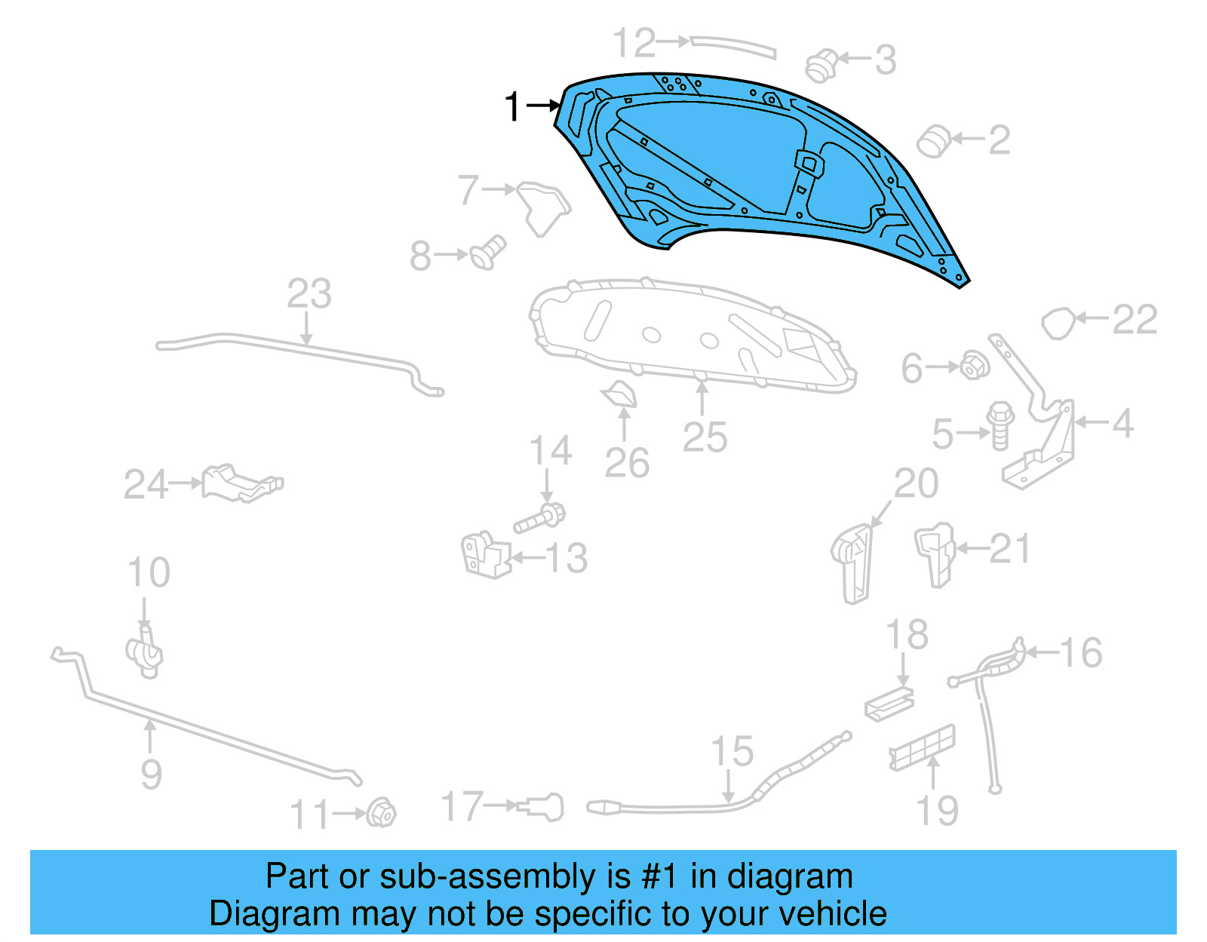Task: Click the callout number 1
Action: point(513,106)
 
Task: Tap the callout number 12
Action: point(634,43)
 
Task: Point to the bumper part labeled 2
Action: point(934,141)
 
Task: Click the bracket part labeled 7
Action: point(543,206)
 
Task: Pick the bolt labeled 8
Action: point(489,252)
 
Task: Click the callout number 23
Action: point(309,294)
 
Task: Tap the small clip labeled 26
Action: point(621,394)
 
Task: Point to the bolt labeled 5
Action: point(1000,425)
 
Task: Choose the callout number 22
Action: point(1135,320)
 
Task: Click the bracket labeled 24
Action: point(241,483)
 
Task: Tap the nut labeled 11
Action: point(382,812)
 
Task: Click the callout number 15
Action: point(732,752)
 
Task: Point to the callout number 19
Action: point(937,811)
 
